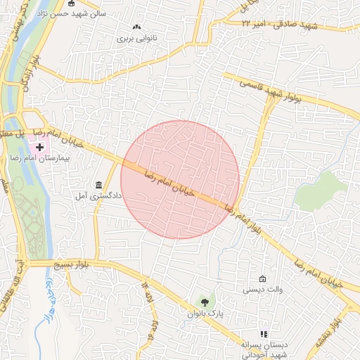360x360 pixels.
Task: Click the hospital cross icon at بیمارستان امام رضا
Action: (39, 148)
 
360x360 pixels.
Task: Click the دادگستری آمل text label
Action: (89, 196)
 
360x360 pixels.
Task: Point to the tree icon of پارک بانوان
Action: (205, 302)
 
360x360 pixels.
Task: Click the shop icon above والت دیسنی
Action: (263, 278)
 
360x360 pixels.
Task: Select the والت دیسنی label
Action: (262, 289)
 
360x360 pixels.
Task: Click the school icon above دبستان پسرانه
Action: (264, 334)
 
